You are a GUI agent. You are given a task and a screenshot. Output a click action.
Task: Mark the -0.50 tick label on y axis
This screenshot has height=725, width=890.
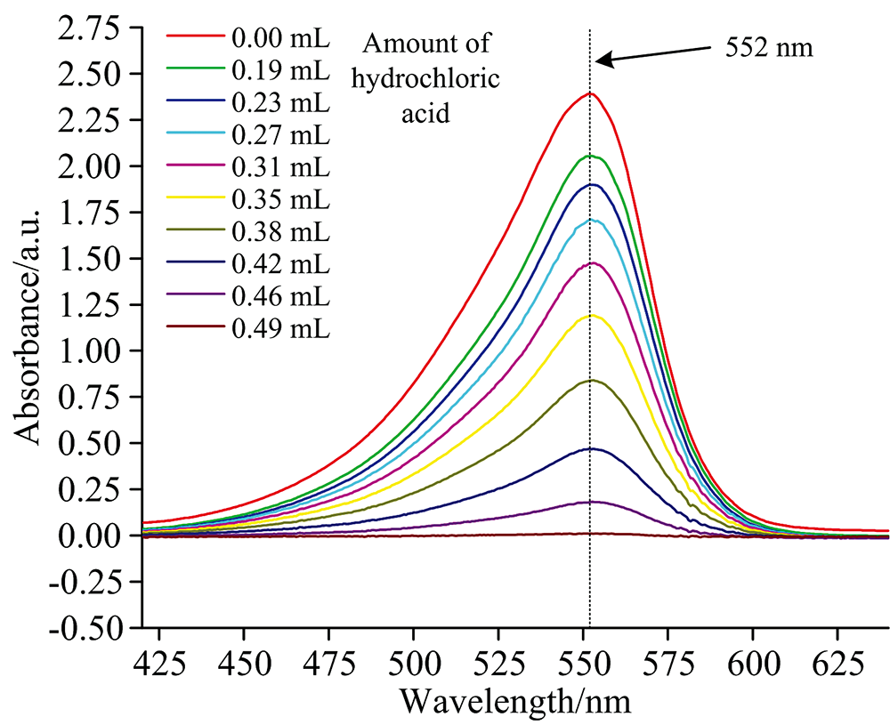89,628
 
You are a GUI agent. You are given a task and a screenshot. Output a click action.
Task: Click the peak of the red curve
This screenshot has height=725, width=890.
589,93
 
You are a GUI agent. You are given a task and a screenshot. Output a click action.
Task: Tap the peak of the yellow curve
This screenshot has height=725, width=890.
590,315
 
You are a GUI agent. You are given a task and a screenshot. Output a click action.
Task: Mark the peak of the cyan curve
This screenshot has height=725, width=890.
590,219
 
